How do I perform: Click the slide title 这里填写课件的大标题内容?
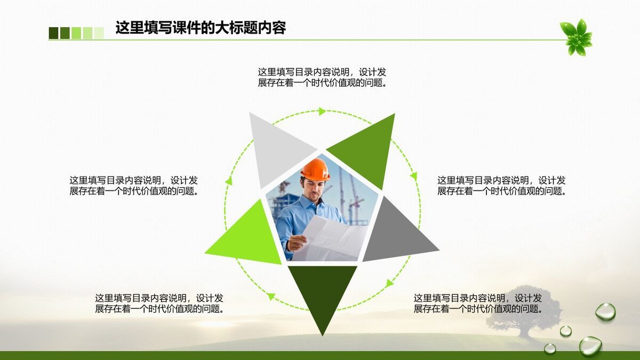pyautogui.click(x=201, y=28)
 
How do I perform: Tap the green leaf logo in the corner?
pyautogui.click(x=576, y=37)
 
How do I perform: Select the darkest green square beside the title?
pyautogui.click(x=53, y=33)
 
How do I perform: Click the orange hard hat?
pyautogui.click(x=315, y=169)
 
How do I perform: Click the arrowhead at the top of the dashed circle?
pyautogui.click(x=322, y=111)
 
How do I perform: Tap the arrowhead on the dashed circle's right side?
pyautogui.click(x=413, y=175)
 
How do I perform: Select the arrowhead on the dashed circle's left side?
pyautogui.click(x=229, y=181)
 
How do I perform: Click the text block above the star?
pyautogui.click(x=322, y=77)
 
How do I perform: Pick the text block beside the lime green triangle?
pyautogui.click(x=133, y=186)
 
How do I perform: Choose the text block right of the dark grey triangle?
pyautogui.click(x=501, y=186)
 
